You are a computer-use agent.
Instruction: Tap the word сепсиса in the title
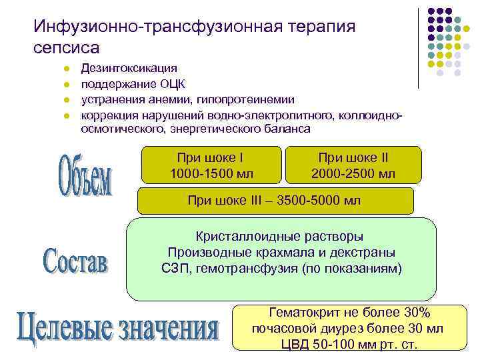[x=67, y=48]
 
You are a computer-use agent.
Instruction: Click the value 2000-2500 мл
[x=353, y=173]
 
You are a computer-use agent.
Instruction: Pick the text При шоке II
[x=353, y=158]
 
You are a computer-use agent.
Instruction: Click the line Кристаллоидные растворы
[x=280, y=237]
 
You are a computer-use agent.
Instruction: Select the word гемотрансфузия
[x=259, y=269]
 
